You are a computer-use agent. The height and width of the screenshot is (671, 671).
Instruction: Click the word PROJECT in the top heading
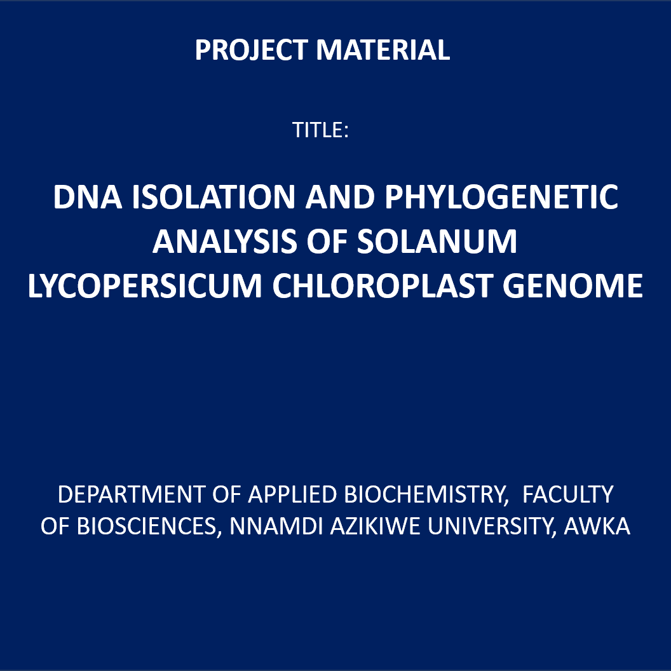pyautogui.click(x=251, y=50)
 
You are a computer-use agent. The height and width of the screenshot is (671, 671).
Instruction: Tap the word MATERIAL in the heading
pyautogui.click(x=383, y=50)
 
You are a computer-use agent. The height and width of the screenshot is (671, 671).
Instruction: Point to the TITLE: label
pyautogui.click(x=320, y=130)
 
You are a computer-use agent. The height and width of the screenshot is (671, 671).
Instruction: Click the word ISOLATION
pyautogui.click(x=213, y=197)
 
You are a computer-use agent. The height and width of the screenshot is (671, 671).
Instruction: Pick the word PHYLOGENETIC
pyautogui.click(x=501, y=197)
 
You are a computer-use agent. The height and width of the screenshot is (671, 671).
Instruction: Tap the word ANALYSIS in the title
pyautogui.click(x=224, y=241)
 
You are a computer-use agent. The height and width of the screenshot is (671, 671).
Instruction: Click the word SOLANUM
pyautogui.click(x=437, y=241)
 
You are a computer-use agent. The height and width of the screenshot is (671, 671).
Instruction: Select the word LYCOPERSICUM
pyautogui.click(x=145, y=286)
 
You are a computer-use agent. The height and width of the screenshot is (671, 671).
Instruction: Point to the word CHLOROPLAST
pyautogui.click(x=382, y=286)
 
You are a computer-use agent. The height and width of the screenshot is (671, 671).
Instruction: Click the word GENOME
pyautogui.click(x=573, y=286)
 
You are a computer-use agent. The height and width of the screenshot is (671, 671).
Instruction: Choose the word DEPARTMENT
pyautogui.click(x=132, y=494)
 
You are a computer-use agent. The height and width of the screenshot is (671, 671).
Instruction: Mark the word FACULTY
pyautogui.click(x=568, y=494)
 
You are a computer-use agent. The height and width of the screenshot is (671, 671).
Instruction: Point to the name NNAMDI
pyautogui.click(x=276, y=526)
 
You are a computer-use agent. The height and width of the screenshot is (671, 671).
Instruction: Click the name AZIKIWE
pyautogui.click(x=375, y=526)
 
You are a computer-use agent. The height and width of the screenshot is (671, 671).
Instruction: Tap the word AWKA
pyautogui.click(x=597, y=526)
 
